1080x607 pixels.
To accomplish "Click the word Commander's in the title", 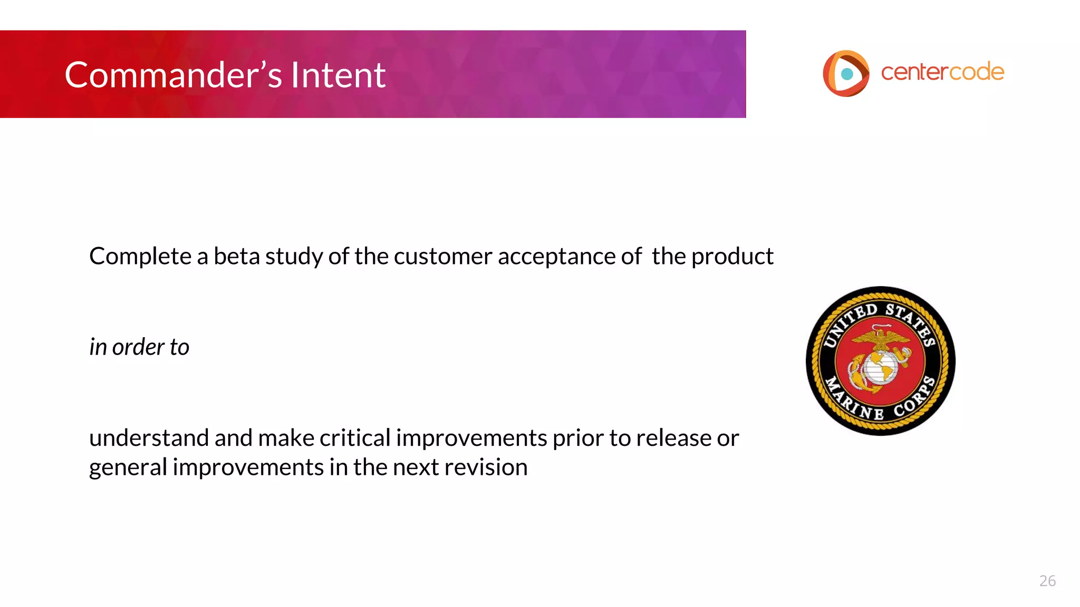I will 173,75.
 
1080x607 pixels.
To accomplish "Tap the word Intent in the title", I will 338,75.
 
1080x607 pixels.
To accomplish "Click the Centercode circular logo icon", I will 845,73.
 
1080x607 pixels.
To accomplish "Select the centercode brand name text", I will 942,72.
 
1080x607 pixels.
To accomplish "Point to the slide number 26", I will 1047,581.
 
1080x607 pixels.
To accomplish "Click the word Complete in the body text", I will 140,257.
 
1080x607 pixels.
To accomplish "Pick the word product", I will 732,257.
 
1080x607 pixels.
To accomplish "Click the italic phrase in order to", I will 139,347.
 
